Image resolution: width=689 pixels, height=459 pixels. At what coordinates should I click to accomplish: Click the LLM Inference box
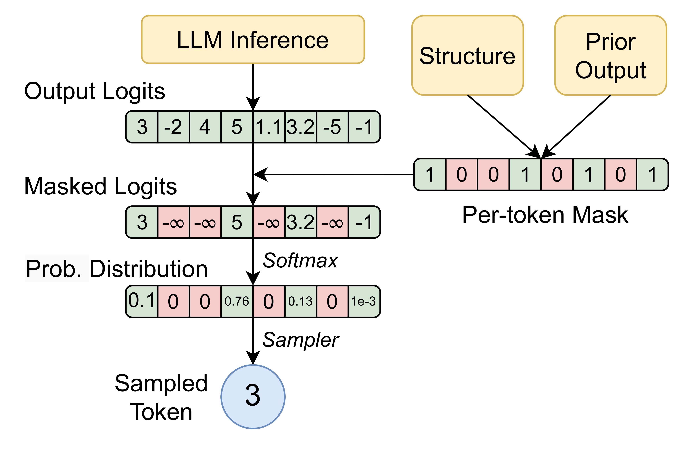point(253,40)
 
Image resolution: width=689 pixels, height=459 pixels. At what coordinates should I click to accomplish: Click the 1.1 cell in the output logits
point(269,127)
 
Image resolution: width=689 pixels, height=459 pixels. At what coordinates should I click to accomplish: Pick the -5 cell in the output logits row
point(332,127)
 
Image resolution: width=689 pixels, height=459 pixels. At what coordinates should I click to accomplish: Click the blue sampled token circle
point(253,397)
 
